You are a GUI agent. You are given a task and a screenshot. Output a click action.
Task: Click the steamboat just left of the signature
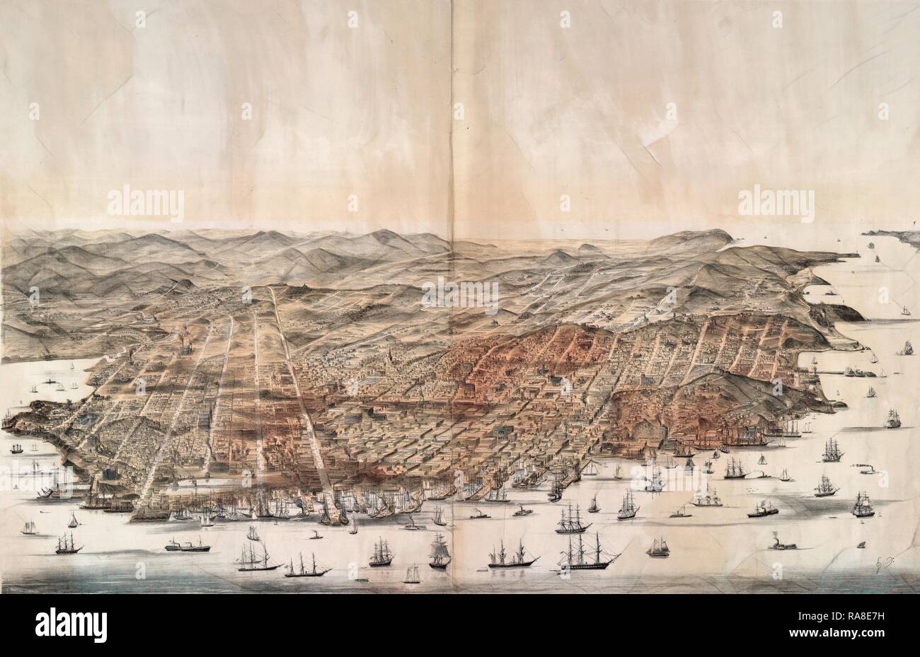[783, 543]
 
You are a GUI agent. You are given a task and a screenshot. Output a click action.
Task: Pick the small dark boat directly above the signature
[861, 543]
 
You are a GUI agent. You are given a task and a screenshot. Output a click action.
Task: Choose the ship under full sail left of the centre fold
[439, 551]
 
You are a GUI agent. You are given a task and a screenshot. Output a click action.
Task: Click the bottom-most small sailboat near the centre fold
[411, 574]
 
